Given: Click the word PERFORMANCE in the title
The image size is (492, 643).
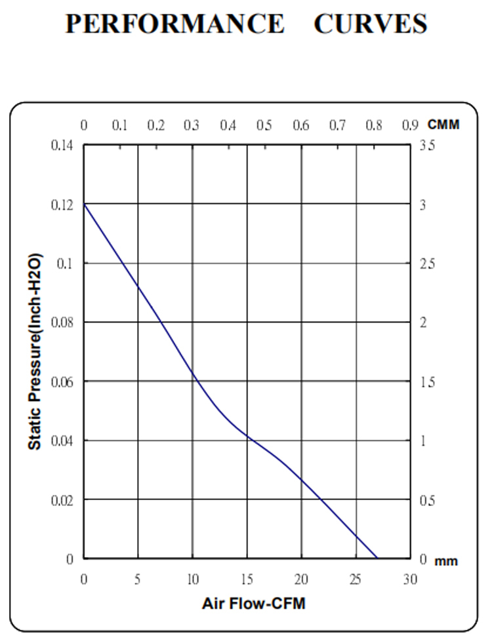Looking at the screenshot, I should click(x=174, y=24).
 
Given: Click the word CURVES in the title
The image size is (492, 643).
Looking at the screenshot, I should click(x=370, y=24).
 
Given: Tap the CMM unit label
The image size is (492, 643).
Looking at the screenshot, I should click(x=443, y=125).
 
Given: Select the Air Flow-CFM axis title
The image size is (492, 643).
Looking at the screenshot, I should click(x=253, y=604).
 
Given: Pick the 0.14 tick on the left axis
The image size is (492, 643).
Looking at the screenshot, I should click(x=62, y=146).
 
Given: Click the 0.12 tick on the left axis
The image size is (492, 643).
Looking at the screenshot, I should click(x=62, y=205).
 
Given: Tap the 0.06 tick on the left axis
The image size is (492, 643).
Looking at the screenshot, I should click(x=62, y=381).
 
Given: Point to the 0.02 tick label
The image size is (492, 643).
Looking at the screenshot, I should click(x=62, y=500).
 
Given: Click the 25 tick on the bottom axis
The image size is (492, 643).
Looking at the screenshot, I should click(x=356, y=579).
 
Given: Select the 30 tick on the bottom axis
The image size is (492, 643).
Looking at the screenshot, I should click(x=410, y=579).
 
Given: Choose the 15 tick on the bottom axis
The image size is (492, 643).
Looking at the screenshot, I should click(x=247, y=579).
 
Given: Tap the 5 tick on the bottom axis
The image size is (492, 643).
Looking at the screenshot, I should click(x=138, y=579).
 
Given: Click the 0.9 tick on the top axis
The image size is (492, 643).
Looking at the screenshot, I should click(x=410, y=125).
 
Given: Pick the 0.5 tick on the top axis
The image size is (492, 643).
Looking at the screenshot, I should click(x=264, y=125).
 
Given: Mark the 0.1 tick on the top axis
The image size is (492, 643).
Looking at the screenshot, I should click(x=119, y=125).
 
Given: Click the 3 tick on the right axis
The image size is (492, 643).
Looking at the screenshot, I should click(x=423, y=205).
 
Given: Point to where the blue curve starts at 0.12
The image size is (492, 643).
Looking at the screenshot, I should click(x=84, y=205).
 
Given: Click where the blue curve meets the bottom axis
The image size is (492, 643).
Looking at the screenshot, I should click(x=377, y=558).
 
